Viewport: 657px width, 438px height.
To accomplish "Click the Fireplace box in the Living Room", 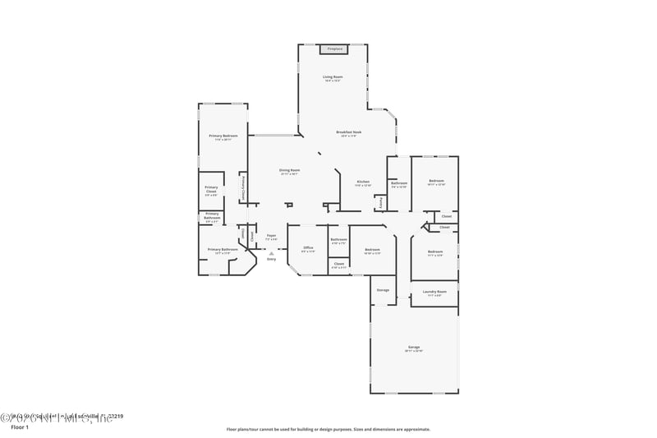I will [x=334, y=49].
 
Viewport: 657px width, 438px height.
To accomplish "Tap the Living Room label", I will [x=332, y=77].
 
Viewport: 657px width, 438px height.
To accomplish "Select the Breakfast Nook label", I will [x=349, y=132].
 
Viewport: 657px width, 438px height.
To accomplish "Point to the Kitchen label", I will [x=362, y=182].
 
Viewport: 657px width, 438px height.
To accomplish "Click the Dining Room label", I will [x=289, y=170].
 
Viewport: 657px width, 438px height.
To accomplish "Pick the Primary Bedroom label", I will [x=223, y=136].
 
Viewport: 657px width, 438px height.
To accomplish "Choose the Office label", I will [x=308, y=247].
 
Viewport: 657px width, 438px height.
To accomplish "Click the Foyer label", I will [x=271, y=236].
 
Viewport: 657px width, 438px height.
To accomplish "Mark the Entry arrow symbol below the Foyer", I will [x=271, y=255].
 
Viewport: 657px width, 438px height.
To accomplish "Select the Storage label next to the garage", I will [x=383, y=290].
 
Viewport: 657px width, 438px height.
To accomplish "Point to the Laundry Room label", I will [x=434, y=292].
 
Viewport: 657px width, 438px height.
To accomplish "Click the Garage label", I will [x=414, y=347].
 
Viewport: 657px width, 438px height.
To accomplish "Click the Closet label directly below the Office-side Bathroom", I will [x=338, y=264].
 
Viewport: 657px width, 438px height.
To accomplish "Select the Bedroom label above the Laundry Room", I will [x=434, y=251].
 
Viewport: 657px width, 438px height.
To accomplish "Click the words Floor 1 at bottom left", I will [x=19, y=427].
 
